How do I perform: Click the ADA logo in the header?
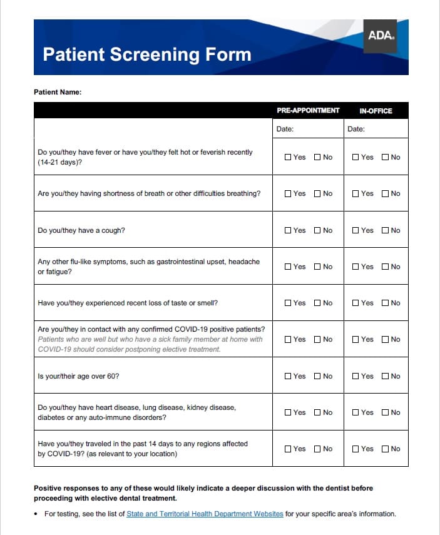coord(381,36)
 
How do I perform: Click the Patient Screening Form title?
coord(147,54)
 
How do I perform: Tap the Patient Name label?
coord(58,92)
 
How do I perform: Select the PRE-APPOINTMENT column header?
coord(308,111)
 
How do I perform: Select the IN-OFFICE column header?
coord(376,111)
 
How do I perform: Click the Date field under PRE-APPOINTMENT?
coord(308,129)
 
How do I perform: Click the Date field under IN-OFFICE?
coord(376,129)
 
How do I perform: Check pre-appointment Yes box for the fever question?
coord(288,157)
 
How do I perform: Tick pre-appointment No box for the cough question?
coord(317,230)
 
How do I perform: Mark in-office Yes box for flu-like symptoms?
coord(356,267)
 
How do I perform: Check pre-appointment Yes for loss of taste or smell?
coord(288,303)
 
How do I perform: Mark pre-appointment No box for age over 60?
coord(317,376)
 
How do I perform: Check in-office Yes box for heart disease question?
coord(356,412)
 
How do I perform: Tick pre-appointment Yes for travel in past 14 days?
coord(288,449)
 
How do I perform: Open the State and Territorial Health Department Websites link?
coord(205,514)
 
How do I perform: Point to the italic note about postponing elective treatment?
coord(150,344)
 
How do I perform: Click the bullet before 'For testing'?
coord(37,514)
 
